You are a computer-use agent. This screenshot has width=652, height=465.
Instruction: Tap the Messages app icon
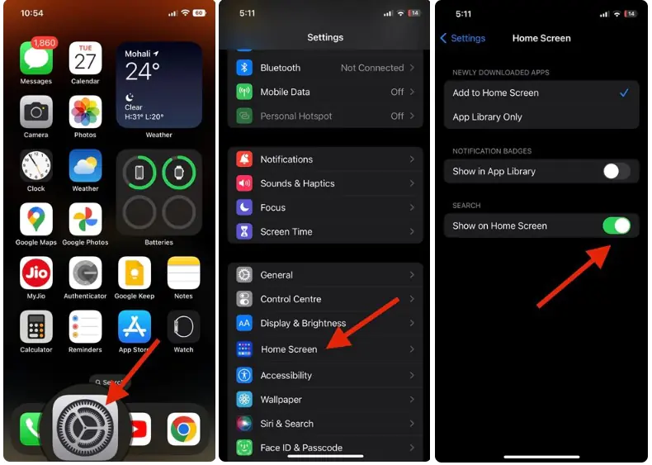(36, 58)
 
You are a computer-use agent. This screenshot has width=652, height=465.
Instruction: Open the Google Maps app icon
(36, 220)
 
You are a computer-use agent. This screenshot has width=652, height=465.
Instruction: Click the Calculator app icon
(36, 327)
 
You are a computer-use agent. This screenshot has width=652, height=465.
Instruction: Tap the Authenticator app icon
(85, 273)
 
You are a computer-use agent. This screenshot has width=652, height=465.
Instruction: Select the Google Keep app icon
(135, 273)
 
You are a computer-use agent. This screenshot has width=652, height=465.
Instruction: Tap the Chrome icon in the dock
(183, 429)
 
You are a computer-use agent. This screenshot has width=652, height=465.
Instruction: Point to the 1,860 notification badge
(43, 42)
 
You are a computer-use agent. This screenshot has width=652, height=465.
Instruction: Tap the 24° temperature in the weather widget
(142, 72)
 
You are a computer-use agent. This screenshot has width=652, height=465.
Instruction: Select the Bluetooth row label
(281, 68)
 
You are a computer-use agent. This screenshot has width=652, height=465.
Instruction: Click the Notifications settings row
(325, 159)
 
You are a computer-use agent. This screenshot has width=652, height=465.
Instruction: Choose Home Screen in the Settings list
(289, 349)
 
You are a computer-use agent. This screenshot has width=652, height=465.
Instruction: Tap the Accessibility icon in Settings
(244, 375)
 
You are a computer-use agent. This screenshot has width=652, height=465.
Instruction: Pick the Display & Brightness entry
(303, 323)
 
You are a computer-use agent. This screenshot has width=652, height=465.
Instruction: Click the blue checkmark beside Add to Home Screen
(624, 93)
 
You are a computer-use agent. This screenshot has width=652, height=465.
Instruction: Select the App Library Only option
(488, 117)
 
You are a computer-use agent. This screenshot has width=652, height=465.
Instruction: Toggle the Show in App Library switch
(616, 172)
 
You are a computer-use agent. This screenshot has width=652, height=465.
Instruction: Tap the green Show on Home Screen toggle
(616, 225)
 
